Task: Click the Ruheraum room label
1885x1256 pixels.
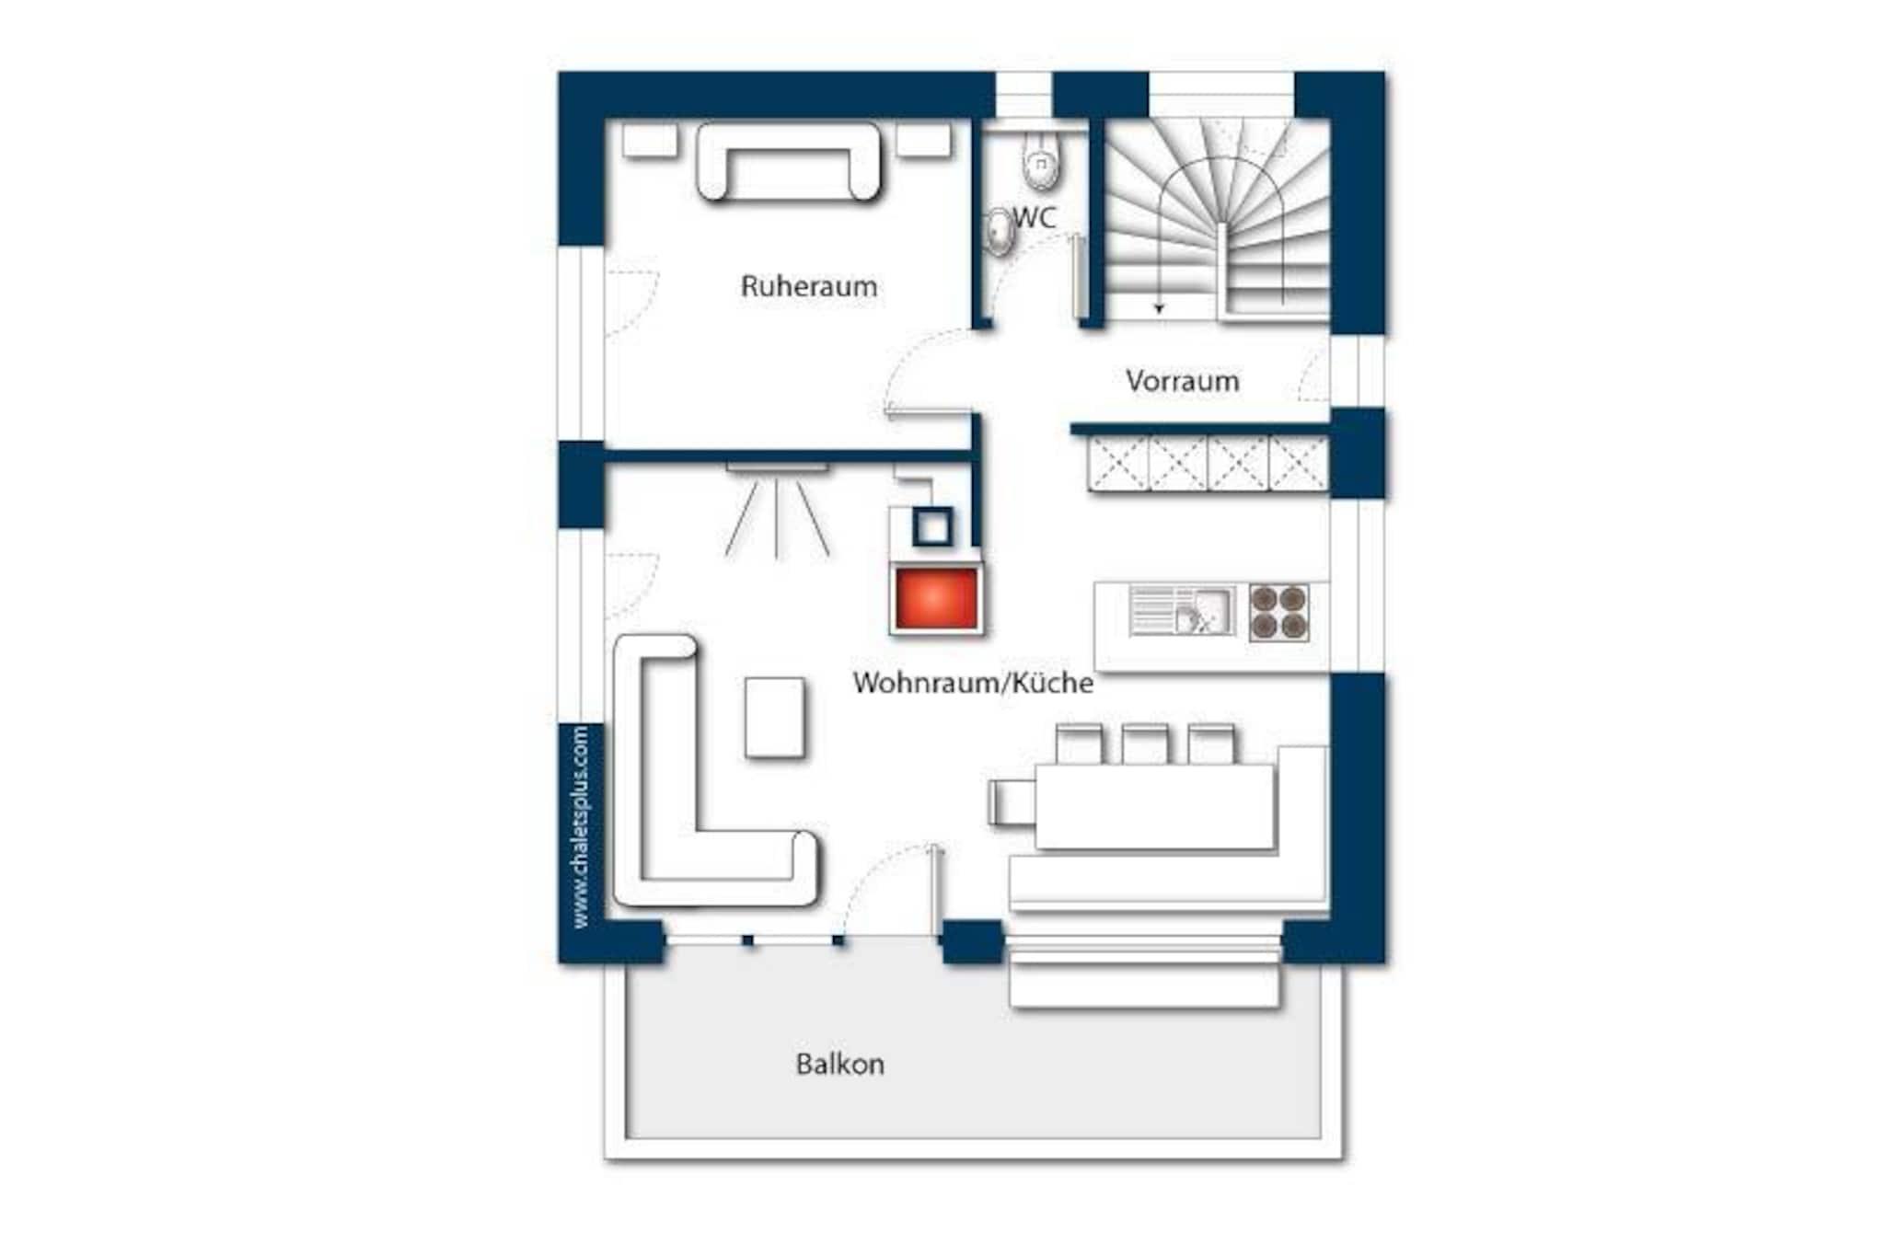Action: pos(808,286)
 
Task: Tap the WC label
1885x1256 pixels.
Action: pos(1035,218)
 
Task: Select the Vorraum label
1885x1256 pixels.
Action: pos(1182,381)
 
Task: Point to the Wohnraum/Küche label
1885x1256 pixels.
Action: pos(973,683)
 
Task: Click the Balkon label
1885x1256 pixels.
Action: pos(839,1065)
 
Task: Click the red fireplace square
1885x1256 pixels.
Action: pos(934,598)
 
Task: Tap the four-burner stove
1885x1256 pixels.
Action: pos(1279,612)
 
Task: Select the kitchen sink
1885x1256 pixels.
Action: pos(1182,611)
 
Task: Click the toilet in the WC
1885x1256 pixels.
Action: pos(1040,157)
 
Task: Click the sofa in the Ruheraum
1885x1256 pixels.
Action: pos(788,162)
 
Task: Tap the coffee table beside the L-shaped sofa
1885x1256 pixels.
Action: pos(774,717)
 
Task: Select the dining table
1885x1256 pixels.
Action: pos(1154,805)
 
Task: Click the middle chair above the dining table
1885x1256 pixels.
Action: pos(1145,744)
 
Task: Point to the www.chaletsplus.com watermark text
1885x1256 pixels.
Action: pos(580,826)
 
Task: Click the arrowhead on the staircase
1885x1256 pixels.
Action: pos(1159,309)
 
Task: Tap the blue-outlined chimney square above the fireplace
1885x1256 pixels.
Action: pos(933,528)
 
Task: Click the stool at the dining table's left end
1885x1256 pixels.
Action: pos(1012,802)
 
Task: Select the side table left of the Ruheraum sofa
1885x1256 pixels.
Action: pos(650,141)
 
